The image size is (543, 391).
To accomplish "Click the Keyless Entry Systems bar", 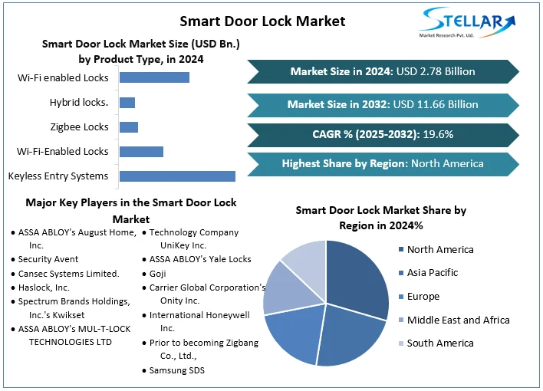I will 177,176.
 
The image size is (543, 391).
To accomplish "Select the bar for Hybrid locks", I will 127,103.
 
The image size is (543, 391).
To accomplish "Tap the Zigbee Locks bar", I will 129,127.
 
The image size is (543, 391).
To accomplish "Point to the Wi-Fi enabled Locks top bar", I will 154,77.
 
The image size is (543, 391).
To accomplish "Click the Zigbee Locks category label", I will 81,127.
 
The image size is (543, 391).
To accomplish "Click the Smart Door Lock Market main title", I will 262,21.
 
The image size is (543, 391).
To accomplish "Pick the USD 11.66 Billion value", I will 436,104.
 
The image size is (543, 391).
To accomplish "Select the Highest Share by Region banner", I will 382,163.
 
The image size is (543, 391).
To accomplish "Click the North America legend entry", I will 439,249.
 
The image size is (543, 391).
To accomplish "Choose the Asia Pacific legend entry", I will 432,272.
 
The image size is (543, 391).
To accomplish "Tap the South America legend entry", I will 439,343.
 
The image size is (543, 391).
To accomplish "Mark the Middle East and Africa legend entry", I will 457,320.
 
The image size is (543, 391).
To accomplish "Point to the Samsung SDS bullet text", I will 176,370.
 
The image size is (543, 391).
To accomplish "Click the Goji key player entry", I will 157,273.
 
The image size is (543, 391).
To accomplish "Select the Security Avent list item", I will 48,259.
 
